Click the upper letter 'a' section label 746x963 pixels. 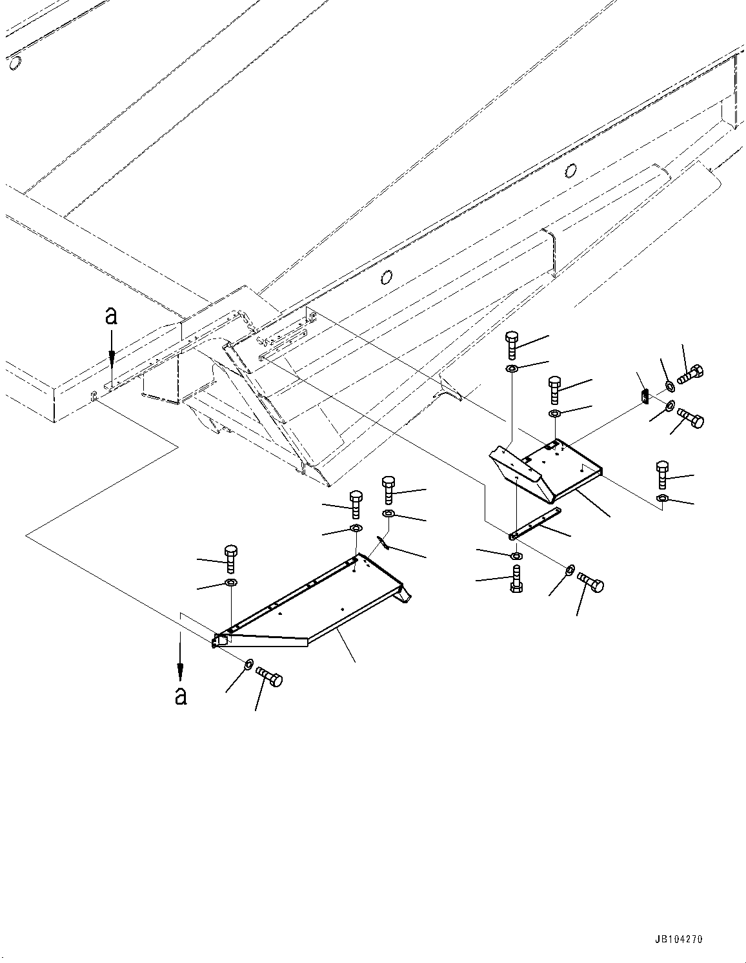pos(112,316)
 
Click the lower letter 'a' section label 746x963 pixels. pos(181,696)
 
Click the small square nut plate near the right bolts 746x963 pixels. pos(644,395)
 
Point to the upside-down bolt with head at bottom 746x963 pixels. pos(517,579)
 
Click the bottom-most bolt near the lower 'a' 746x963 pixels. pos(270,678)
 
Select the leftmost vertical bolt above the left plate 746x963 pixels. pos(231,558)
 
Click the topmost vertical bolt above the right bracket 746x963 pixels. pos(512,346)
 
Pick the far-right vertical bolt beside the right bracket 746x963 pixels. pos(663,475)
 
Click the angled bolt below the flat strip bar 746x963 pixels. pos(590,582)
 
